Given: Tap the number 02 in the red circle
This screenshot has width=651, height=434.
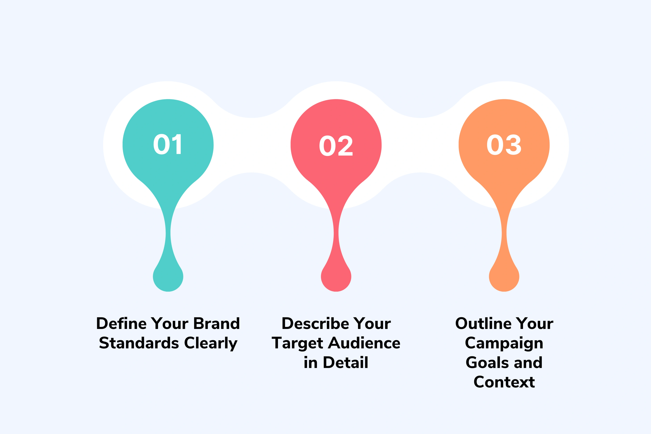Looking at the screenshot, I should [336, 146].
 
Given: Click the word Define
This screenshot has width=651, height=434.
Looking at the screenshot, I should [121, 324].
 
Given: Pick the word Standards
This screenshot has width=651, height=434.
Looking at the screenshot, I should [139, 343].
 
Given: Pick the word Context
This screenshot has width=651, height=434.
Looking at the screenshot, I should [504, 382].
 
